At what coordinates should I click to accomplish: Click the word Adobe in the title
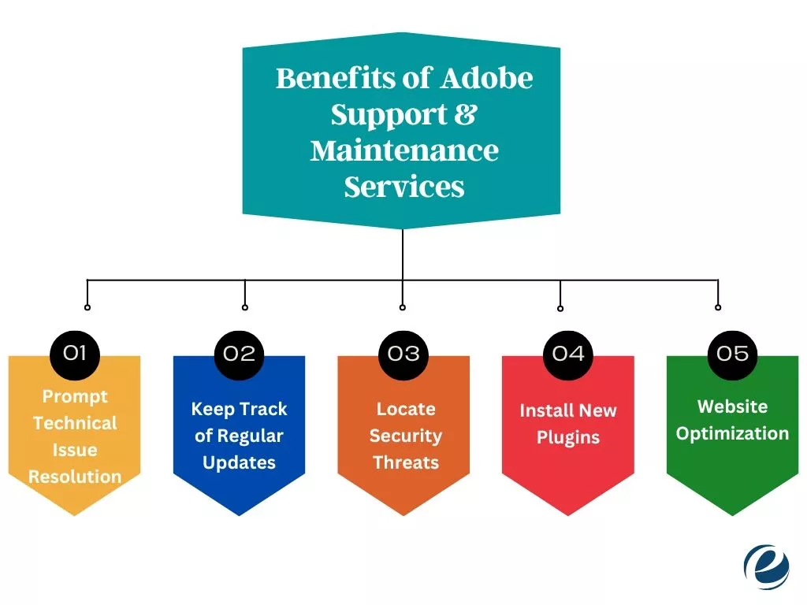point(486,79)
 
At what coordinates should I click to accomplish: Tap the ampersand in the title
point(466,115)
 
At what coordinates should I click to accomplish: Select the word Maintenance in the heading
point(404,150)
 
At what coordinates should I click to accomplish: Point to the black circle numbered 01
point(74,353)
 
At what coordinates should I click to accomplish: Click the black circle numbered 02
point(239,353)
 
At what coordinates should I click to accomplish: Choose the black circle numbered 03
point(403,353)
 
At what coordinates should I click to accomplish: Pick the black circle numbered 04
point(568,353)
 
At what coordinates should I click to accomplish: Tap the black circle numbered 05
point(733,353)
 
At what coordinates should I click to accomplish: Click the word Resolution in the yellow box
point(75,477)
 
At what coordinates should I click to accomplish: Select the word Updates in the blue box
point(239,463)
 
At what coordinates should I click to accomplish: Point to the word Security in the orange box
point(405,436)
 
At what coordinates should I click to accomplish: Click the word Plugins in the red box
point(568,437)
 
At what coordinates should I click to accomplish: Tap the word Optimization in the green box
point(732,433)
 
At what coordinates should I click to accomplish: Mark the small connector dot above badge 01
point(87,307)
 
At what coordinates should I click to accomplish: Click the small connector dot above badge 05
point(718,307)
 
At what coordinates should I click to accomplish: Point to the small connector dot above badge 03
point(403,307)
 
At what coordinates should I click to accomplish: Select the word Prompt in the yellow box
point(75,396)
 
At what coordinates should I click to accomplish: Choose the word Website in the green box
point(732,406)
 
